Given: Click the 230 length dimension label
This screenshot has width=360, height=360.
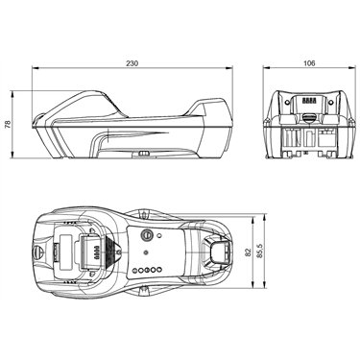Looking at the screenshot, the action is (132, 63).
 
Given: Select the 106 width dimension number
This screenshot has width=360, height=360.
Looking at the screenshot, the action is (309, 63).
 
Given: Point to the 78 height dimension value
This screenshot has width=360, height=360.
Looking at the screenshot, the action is (8, 125).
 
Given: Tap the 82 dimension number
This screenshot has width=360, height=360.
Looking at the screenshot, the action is (248, 253).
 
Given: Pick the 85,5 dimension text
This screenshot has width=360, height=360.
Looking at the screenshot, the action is (259, 252).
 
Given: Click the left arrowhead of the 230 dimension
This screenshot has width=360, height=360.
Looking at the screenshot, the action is (35, 68).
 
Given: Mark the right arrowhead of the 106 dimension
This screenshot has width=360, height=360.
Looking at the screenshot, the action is (352, 67).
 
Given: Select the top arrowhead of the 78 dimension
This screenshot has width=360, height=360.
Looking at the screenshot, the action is (12, 94).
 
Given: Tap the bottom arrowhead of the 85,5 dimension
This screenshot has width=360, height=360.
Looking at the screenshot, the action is (265, 285).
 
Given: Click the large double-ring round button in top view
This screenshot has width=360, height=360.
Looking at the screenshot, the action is (147, 234).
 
